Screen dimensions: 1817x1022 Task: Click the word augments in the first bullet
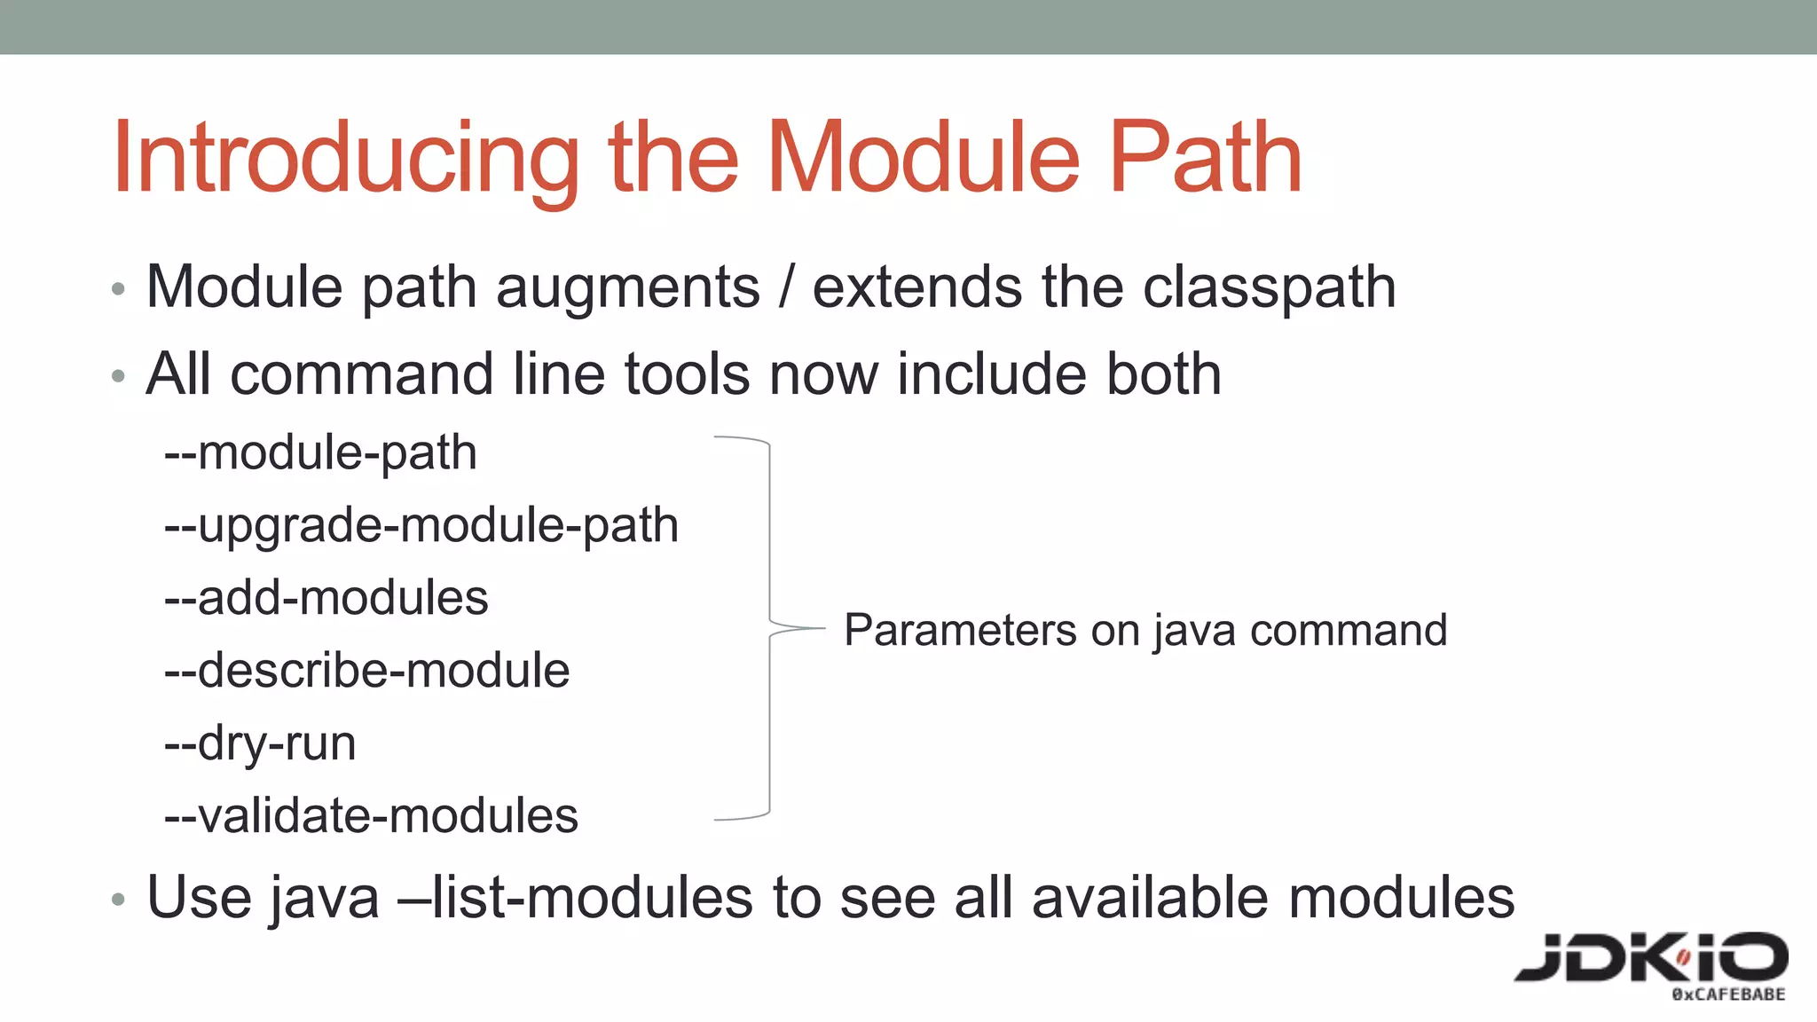627,288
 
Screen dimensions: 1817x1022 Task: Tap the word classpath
1269,288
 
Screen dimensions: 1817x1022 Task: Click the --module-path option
320,453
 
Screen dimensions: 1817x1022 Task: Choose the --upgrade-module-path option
421,526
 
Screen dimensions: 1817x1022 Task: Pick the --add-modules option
326,598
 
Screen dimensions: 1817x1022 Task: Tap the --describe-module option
366,671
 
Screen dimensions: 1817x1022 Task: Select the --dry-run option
260,743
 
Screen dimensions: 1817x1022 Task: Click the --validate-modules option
371,816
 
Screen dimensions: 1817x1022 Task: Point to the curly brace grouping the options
768,628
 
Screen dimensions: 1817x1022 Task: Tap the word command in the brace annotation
1348,631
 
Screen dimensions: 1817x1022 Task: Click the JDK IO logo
1650,963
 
